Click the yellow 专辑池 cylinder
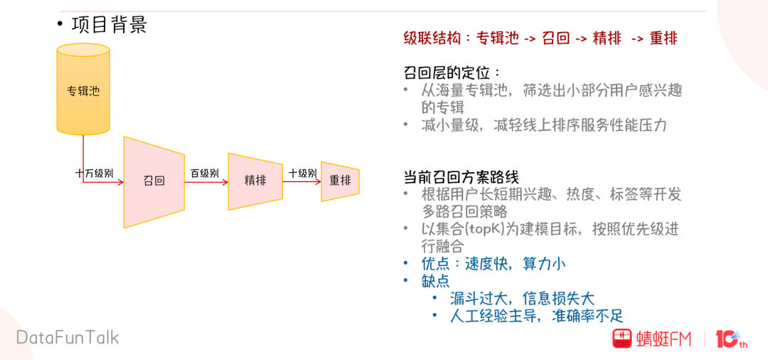83,90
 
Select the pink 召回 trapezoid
154,181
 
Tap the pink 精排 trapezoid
255,181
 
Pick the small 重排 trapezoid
340,181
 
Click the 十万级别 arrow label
95,173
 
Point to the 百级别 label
205,173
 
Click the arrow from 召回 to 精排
206,182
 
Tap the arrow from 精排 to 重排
302,181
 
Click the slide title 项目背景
110,26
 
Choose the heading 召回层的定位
451,73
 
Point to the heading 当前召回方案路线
462,177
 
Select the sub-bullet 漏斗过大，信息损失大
522,298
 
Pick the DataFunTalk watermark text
68,337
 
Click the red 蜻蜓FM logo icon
623,339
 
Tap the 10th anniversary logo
731,339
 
